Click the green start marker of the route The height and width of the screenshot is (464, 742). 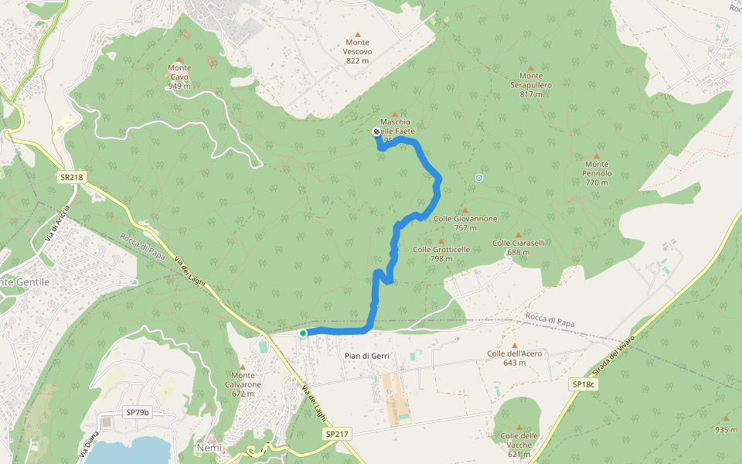(303, 333)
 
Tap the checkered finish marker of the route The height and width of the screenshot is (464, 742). (376, 131)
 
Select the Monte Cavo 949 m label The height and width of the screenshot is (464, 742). (179, 77)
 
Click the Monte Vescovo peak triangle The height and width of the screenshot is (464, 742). (357, 34)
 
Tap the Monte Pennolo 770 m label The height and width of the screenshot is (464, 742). (597, 169)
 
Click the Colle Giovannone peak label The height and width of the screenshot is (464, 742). (465, 223)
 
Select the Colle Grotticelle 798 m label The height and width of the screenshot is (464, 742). (441, 254)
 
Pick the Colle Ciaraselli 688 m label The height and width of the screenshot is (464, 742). (519, 247)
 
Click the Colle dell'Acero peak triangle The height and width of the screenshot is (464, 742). (515, 345)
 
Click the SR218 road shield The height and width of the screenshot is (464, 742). (70, 177)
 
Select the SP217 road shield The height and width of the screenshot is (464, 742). (338, 435)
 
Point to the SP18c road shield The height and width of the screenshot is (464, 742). (584, 384)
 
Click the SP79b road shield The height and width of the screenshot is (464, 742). (137, 413)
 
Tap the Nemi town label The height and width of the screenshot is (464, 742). (209, 449)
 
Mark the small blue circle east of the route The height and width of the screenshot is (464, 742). (479, 179)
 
